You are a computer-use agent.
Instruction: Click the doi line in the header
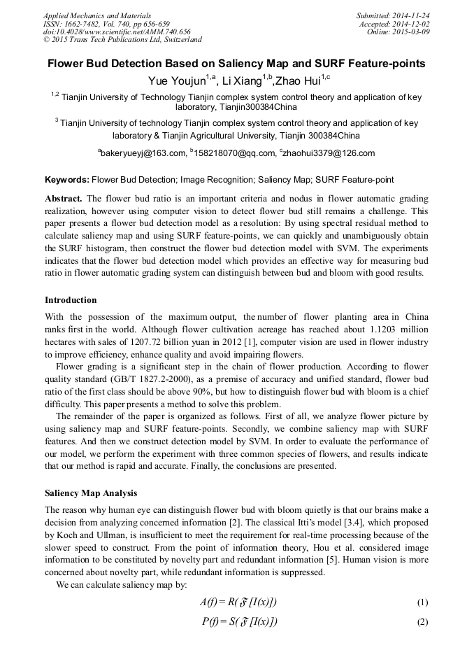117,32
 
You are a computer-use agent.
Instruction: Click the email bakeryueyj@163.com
144,153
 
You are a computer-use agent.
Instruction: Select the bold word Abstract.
64,199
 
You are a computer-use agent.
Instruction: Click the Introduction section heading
71,300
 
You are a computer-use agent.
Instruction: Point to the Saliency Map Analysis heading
91,493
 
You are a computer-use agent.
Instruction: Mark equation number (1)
422,602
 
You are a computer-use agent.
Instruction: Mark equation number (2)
422,622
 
